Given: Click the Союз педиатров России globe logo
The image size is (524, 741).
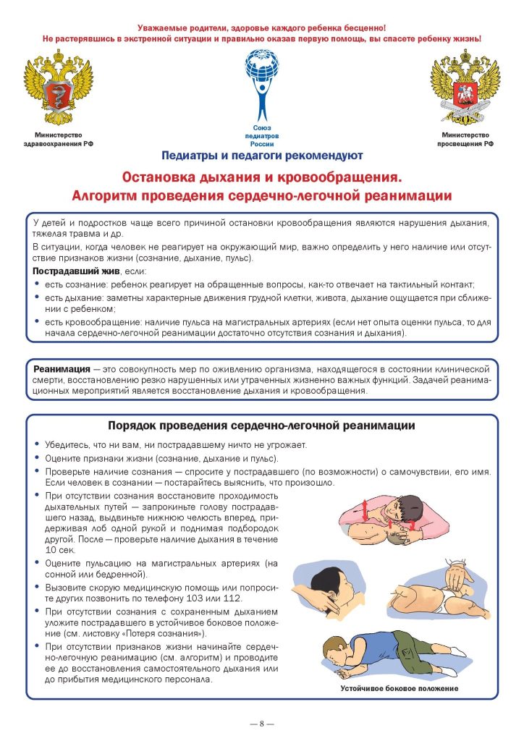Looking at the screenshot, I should click(x=262, y=82).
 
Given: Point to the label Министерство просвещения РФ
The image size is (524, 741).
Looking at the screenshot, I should click(x=465, y=140).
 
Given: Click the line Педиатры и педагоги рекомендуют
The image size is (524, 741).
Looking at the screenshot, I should click(x=262, y=155).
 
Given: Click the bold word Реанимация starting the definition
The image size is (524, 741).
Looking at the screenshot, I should click(x=62, y=369).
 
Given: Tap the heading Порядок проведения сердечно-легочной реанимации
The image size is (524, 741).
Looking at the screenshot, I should click(x=261, y=425).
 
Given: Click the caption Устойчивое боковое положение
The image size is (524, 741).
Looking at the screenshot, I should click(x=400, y=688).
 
